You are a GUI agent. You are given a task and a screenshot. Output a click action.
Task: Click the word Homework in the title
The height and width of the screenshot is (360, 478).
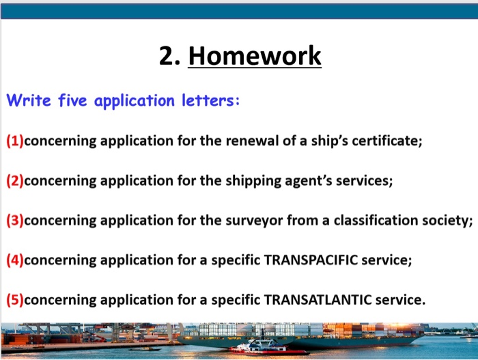coord(254,56)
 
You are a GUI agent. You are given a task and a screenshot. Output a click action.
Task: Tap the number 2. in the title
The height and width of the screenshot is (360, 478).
coord(170,56)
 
